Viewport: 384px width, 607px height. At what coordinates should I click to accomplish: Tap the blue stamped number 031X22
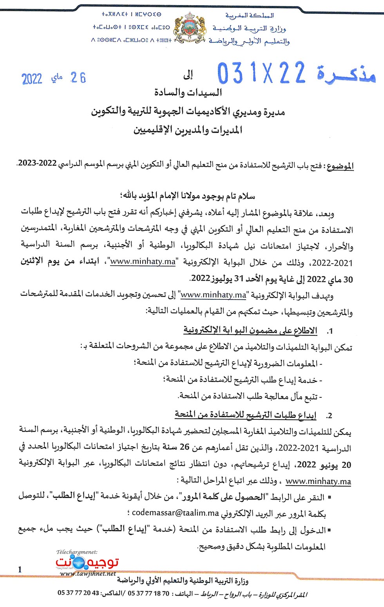261,73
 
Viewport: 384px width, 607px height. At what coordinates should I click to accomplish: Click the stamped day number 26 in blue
78,78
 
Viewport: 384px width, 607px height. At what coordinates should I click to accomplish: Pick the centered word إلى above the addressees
188,75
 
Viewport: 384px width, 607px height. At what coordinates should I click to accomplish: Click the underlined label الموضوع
340,166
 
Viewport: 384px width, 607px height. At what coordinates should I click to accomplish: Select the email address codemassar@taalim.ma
175,513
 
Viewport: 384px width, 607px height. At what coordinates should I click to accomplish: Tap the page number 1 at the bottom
20,569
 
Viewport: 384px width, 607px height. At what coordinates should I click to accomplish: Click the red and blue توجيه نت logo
87,562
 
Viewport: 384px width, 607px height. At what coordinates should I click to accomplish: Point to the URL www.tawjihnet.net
88,574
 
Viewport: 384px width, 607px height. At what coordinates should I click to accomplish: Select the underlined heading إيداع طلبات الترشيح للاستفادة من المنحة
245,415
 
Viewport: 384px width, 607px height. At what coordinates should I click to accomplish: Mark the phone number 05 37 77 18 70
149,593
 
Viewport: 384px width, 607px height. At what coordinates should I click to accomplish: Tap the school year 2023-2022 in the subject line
37,163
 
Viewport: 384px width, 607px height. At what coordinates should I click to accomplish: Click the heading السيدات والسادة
188,93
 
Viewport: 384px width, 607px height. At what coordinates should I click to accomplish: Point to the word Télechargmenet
77,552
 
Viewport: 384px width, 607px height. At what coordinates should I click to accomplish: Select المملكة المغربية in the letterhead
249,16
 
